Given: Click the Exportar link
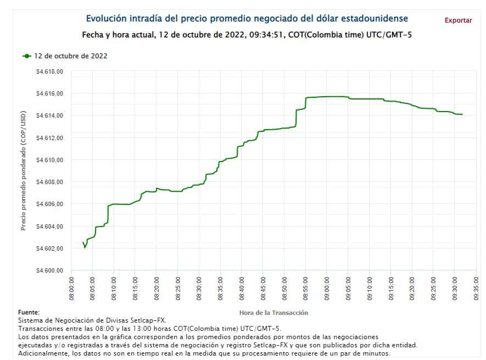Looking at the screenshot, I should coord(458,20).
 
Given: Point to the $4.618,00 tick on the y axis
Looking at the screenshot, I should coord(49,71).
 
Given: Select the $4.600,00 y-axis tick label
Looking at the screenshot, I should coord(49,270).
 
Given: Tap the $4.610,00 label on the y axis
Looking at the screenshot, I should coord(49,160).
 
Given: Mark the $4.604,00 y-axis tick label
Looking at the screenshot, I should coord(49,226).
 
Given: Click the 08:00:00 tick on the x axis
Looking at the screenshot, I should coord(71,288).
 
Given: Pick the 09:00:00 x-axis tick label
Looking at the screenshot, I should coord(326,288).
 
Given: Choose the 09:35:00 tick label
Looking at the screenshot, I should coord(476,288).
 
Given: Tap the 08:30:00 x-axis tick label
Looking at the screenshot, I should coord(199,288).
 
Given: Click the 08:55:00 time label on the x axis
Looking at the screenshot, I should coord(305,288).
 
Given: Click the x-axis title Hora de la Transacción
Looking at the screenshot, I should coord(273,313).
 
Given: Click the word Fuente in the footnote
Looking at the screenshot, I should coord(29,312).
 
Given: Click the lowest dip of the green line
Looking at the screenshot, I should coord(85,247).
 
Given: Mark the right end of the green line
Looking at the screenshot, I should coord(462,114).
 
